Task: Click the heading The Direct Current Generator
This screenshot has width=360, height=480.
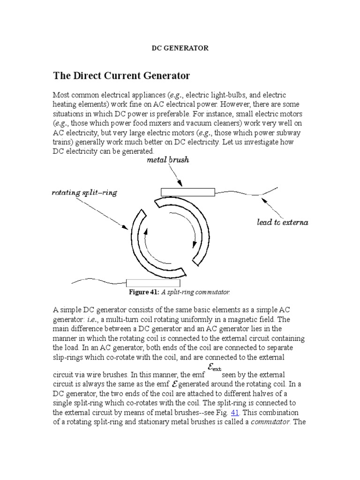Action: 121,75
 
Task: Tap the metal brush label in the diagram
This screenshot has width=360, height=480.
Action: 168,160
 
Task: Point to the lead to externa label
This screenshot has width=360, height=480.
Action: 282,222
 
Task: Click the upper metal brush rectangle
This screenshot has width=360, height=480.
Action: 188,191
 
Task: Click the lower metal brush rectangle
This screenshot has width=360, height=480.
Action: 153,283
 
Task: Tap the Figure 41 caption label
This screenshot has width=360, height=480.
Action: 144,292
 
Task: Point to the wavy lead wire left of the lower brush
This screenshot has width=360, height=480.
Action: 98,282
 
